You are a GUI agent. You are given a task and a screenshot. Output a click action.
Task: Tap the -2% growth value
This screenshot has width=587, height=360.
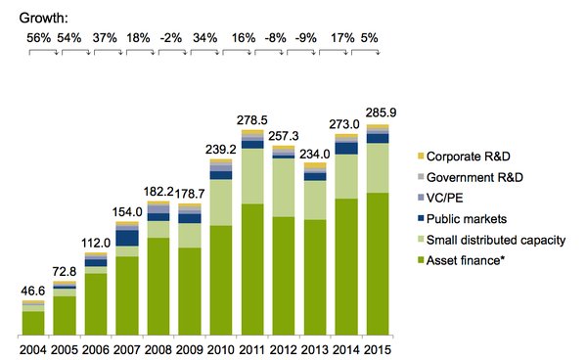click(x=169, y=37)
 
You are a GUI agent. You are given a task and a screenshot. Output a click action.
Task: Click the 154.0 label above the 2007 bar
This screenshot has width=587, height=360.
click(x=126, y=212)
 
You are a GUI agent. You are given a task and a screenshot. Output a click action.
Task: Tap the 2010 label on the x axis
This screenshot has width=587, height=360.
click(x=221, y=348)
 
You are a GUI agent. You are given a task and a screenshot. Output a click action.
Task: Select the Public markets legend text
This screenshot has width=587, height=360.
click(x=473, y=218)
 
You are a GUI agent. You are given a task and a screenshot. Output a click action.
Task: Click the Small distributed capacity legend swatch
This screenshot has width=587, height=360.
click(x=422, y=240)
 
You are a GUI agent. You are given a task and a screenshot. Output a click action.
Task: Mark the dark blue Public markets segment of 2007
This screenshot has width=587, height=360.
click(x=126, y=237)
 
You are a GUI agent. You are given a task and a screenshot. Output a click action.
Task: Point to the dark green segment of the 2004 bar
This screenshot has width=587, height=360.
click(x=33, y=323)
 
